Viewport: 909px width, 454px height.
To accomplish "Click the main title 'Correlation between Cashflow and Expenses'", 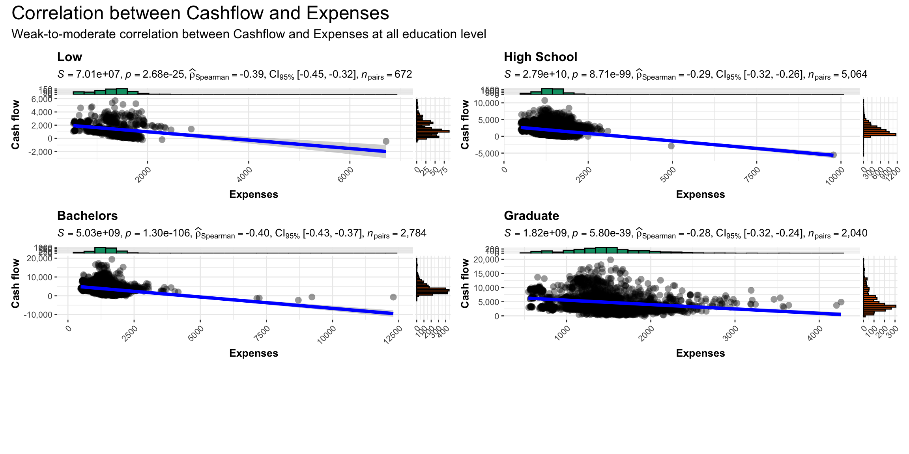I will pos(200,13).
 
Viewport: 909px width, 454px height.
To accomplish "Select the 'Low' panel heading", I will pos(69,57).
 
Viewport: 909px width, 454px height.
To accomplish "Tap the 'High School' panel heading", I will pos(540,57).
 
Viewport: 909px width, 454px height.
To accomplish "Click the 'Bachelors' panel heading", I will pos(87,216).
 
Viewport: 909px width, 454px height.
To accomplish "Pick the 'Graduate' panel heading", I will pos(531,216).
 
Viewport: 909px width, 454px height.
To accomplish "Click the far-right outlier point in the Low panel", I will pos(386,141).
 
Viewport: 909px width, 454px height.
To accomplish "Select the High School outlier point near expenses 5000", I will pos(671,146).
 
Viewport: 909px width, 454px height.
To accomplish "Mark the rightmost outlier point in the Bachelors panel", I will pos(393,297).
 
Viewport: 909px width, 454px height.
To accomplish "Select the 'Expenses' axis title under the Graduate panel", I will pos(700,353).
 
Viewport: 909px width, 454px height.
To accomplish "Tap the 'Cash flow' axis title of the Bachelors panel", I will pos(15,283).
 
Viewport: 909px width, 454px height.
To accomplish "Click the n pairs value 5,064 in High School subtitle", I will pos(854,74).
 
